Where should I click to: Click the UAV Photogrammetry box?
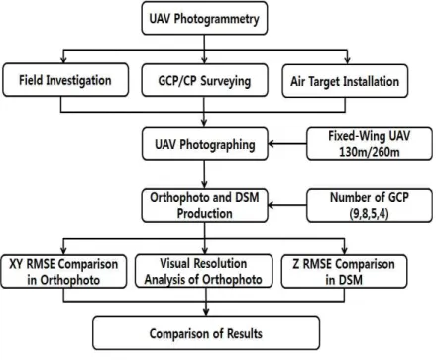(x=204, y=18)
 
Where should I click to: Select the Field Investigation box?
(x=65, y=80)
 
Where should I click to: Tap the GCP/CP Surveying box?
(x=204, y=80)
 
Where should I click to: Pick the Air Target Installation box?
(x=345, y=81)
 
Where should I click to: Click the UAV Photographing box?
(x=205, y=144)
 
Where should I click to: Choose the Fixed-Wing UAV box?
(x=370, y=144)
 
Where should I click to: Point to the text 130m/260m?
(x=370, y=152)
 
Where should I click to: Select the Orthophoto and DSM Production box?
(x=204, y=205)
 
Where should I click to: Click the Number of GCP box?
(x=370, y=205)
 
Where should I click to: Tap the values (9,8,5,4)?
(x=369, y=214)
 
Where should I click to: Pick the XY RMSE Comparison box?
(x=63, y=271)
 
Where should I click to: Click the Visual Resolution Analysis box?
(x=204, y=271)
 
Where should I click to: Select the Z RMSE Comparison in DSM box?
(x=344, y=271)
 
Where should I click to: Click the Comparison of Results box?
(x=206, y=333)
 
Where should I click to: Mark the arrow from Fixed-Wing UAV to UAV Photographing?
(x=287, y=144)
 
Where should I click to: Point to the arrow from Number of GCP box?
(x=287, y=205)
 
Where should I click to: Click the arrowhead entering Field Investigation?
(x=63, y=60)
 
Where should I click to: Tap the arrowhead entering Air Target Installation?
(x=347, y=60)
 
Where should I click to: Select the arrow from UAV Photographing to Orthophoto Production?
(x=204, y=175)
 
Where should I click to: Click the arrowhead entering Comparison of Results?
(x=206, y=312)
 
